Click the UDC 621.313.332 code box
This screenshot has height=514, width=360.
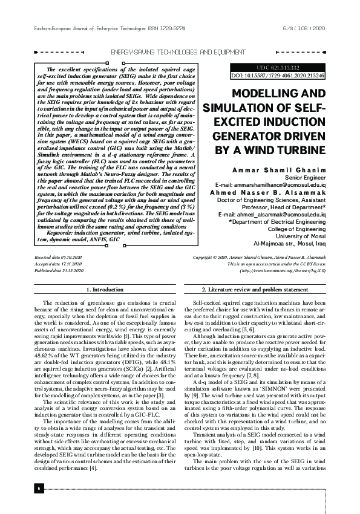[278, 67]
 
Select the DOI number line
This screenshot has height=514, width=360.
[278, 76]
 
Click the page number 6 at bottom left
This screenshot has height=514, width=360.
[38, 488]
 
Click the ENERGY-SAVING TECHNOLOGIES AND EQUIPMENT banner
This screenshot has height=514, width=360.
[180, 53]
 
